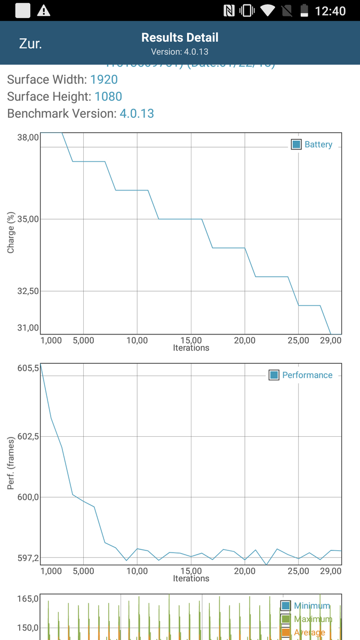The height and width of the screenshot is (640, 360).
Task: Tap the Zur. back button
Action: coord(30,44)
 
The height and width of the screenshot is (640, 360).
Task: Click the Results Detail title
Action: coord(180,37)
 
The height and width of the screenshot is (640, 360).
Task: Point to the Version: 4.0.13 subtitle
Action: coord(180,52)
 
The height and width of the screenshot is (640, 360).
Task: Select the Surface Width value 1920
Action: coord(104,79)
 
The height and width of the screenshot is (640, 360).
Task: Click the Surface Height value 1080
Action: coord(108,97)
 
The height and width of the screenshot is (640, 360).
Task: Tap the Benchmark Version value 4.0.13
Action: coord(137,114)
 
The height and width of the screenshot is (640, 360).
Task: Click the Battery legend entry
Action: coord(312,145)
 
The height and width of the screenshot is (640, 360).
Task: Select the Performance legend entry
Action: coord(301,375)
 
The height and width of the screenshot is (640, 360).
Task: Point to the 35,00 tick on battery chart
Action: coord(28,219)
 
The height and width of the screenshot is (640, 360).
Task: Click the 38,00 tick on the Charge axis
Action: coord(28,137)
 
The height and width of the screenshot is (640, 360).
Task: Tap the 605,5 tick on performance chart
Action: coord(28,368)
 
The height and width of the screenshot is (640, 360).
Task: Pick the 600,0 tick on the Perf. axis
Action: coord(28,497)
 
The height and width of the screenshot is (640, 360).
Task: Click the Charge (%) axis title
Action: coord(11,233)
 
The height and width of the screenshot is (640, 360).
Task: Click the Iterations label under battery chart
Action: coord(191,348)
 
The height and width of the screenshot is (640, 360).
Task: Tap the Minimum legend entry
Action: coord(306,606)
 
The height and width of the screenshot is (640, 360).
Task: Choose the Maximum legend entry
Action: coord(306,619)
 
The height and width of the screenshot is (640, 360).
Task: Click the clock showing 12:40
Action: coord(331,11)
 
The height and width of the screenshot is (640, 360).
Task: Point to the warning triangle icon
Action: coord(44,11)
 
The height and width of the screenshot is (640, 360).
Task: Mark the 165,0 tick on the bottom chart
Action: coord(28,599)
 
